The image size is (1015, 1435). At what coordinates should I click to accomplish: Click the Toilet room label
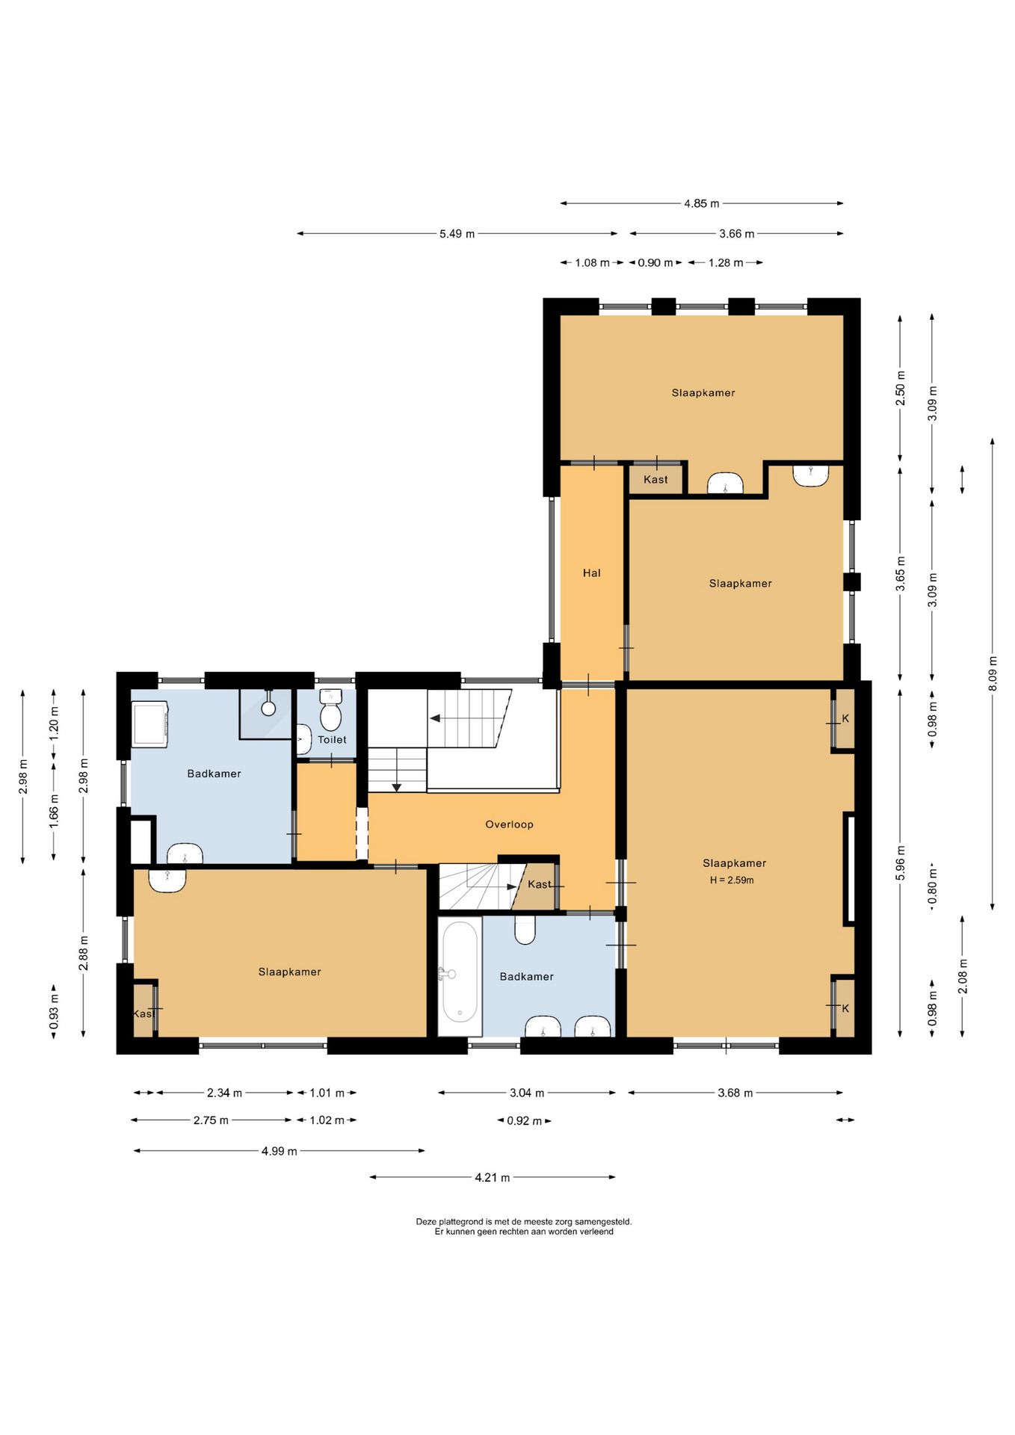(332, 740)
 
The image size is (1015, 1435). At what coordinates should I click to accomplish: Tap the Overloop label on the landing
(509, 824)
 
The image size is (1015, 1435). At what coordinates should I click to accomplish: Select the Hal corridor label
(591, 573)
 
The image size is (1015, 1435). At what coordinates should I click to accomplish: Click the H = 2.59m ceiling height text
(732, 880)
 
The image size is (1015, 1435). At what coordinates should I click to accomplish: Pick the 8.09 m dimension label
(993, 673)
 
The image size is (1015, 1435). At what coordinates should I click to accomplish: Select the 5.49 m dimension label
(457, 234)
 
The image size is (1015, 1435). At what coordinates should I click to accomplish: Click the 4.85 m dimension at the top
(701, 203)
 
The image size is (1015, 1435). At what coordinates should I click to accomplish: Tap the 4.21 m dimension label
(492, 1177)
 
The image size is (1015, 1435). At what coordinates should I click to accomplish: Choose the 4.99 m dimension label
(279, 1151)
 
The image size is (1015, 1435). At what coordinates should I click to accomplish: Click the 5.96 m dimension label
(900, 863)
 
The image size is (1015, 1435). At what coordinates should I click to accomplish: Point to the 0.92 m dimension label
(524, 1121)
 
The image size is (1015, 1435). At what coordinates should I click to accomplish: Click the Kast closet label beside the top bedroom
(655, 480)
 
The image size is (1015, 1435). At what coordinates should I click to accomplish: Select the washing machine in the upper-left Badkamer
(149, 723)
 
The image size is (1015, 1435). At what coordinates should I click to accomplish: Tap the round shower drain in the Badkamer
(268, 708)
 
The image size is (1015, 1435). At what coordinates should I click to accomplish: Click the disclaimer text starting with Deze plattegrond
(523, 1226)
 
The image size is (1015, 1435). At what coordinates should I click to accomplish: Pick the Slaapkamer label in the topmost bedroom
(703, 393)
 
